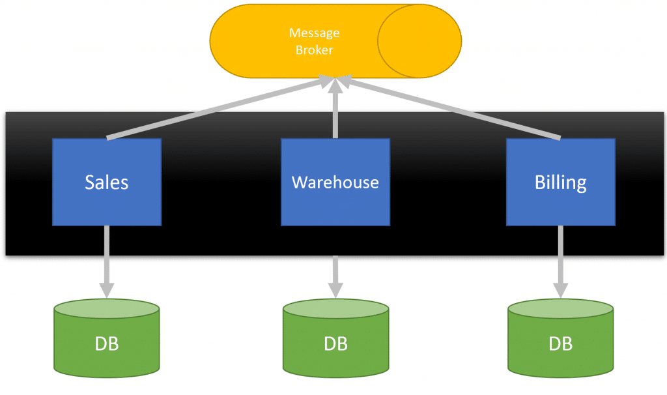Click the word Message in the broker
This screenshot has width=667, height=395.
[315, 33]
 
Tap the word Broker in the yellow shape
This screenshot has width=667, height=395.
[315, 50]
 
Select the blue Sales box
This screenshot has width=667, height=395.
[107, 182]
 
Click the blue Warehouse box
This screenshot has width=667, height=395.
[335, 182]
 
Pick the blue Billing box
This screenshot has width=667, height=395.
[561, 182]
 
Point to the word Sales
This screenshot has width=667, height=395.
[107, 182]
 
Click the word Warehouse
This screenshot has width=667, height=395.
[335, 182]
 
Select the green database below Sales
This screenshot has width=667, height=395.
[107, 338]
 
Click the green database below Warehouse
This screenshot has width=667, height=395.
[335, 338]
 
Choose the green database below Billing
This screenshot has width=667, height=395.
[561, 338]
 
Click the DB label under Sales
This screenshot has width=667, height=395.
[107, 344]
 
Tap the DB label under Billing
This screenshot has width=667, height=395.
[561, 344]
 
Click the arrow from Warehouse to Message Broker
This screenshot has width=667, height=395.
[335, 108]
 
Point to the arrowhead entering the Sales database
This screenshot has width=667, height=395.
[107, 290]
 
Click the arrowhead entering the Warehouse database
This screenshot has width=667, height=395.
[335, 290]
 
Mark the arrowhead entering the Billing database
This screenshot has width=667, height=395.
[561, 290]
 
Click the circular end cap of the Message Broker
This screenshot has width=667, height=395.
[419, 41]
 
